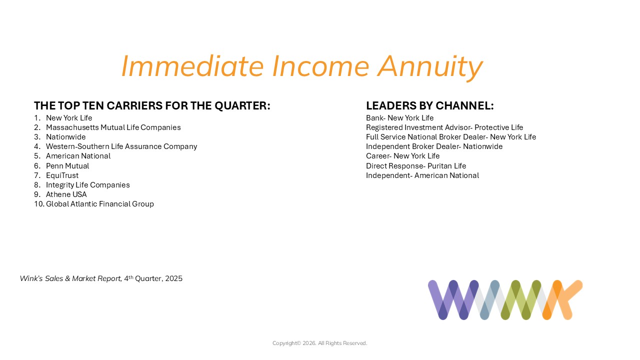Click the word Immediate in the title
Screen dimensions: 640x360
coord(192,66)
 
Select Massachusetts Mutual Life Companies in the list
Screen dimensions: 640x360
coord(113,127)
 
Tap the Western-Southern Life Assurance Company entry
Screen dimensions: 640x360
coord(121,146)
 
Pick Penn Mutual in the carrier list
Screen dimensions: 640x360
coord(67,166)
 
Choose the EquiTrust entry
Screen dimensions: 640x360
coord(62,175)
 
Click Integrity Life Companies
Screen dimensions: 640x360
coord(87,185)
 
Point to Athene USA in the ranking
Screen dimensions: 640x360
coord(66,194)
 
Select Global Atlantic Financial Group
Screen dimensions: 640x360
coord(100,204)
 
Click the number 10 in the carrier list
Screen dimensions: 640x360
coord(39,204)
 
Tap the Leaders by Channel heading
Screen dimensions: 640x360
coord(429,105)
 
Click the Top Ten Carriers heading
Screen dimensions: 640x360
coord(152,105)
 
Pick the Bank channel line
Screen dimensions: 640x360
coord(399,118)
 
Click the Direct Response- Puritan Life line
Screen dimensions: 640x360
coord(416,166)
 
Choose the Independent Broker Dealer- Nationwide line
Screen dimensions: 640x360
coord(434,146)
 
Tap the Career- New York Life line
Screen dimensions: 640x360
coord(403,156)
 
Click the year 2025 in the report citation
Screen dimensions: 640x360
coord(173,278)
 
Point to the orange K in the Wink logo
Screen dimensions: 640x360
coord(562,300)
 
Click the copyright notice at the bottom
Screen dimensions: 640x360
coord(319,343)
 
